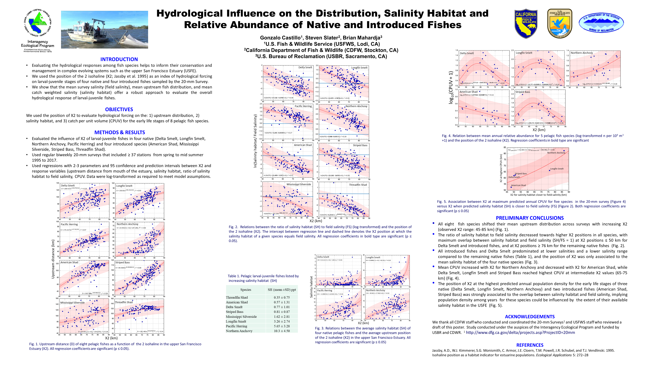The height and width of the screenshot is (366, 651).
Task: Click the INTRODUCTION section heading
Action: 119,59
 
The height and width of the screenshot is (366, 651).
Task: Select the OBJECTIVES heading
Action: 119,109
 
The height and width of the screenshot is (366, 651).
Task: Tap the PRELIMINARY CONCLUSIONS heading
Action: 530,218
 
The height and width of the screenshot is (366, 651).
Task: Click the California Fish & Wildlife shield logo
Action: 526,23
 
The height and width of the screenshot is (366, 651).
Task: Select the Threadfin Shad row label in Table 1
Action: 237,297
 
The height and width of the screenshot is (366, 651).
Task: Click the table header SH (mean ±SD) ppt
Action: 282,290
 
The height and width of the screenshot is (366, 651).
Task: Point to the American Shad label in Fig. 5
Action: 518,185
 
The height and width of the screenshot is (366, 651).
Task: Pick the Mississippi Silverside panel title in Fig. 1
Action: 73,303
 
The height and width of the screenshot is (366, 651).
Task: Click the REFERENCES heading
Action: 530,345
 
